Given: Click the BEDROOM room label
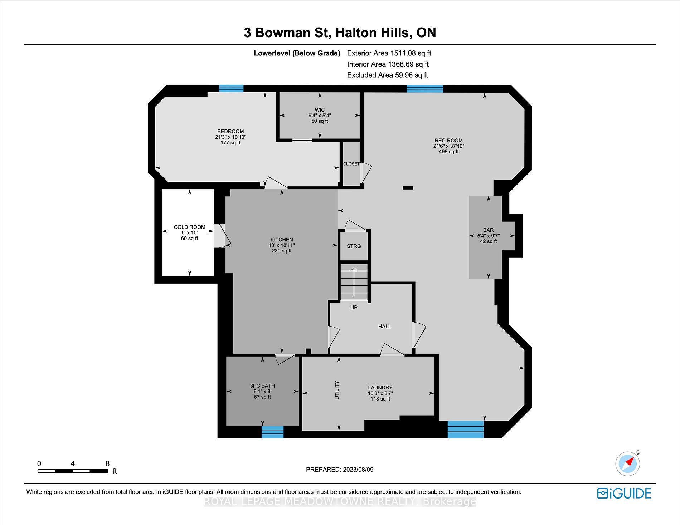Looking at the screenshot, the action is [230, 131].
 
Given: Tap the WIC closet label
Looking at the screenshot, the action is [320, 110].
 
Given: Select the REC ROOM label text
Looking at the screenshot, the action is [448, 141].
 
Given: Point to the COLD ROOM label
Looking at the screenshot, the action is [189, 227].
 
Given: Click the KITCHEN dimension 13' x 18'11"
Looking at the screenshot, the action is [282, 245].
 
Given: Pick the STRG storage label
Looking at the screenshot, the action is [354, 246].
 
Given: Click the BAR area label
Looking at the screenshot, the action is [488, 230].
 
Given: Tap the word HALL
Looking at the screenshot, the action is [385, 326].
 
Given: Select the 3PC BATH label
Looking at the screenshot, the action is [262, 386].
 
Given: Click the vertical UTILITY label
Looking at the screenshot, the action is [337, 390].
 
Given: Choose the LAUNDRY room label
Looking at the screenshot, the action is [380, 388].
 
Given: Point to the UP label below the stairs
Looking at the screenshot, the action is [354, 308].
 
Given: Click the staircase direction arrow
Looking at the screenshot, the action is [354, 282].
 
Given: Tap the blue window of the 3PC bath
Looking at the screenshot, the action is [272, 432].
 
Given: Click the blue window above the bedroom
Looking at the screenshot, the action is [231, 89].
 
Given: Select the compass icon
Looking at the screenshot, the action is [628, 463].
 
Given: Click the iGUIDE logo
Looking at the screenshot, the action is [624, 494].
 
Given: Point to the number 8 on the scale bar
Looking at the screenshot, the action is [107, 463].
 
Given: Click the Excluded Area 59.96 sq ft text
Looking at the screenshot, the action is [388, 75].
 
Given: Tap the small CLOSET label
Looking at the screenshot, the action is [351, 164].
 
